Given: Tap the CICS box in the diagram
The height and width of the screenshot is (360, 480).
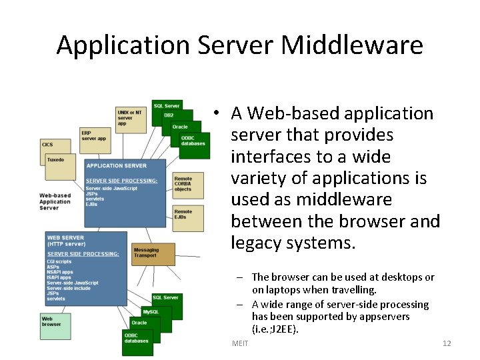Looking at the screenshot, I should [48, 145].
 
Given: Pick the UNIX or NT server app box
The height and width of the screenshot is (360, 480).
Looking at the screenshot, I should [129, 117].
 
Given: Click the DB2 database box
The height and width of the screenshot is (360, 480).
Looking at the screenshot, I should [170, 115].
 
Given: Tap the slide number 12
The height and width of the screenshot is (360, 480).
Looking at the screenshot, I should [447, 343].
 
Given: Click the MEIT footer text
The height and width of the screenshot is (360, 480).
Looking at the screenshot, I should [239, 343].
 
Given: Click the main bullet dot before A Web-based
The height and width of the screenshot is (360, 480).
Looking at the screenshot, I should [217, 114].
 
